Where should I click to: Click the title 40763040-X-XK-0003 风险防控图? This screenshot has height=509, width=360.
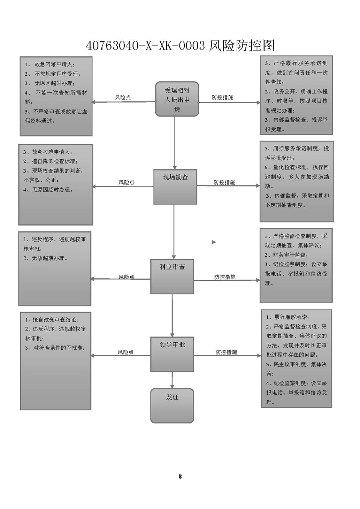180,46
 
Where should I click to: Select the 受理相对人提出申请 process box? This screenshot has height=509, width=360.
177,99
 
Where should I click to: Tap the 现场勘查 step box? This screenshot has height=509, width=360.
175,187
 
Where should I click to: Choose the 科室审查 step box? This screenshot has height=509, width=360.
172,276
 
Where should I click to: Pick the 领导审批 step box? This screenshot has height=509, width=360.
172,354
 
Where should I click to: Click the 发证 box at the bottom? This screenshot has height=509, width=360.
172,405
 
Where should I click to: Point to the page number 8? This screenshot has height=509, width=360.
180,476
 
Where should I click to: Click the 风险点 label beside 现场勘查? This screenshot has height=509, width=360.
126,182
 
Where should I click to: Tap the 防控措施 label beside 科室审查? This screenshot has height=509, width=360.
225,277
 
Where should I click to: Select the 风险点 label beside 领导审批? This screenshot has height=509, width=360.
125,352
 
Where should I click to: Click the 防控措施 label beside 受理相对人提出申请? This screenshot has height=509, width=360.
222,97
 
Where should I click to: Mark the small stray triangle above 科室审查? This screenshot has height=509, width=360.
214,242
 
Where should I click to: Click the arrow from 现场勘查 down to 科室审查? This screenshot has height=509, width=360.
174,232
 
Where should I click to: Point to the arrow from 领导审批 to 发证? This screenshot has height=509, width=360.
172,380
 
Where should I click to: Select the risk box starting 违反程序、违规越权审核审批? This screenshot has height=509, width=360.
55,268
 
